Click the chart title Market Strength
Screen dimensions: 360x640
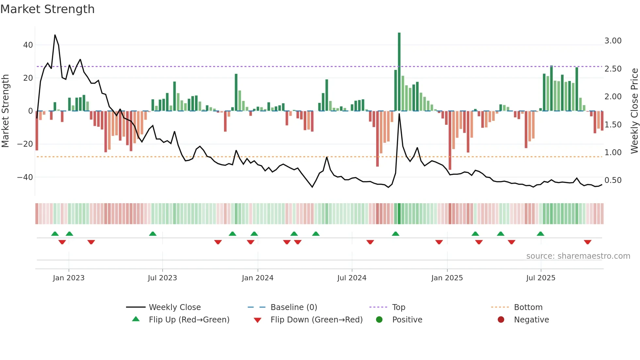[47, 9]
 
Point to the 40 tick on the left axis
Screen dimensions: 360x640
[28, 45]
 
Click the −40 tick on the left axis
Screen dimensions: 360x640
[25, 177]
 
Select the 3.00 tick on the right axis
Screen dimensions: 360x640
[613, 41]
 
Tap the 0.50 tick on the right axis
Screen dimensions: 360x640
[613, 180]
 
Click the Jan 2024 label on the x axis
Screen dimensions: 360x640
[258, 278]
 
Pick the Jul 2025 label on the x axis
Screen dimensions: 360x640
[541, 278]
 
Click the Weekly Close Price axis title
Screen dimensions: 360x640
[634, 111]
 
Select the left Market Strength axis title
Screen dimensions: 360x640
[5, 111]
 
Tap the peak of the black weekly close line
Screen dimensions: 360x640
[55, 35]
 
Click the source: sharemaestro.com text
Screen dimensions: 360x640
[578, 256]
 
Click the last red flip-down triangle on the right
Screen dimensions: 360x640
[587, 242]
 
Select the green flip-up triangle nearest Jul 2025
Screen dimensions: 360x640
[540, 234]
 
